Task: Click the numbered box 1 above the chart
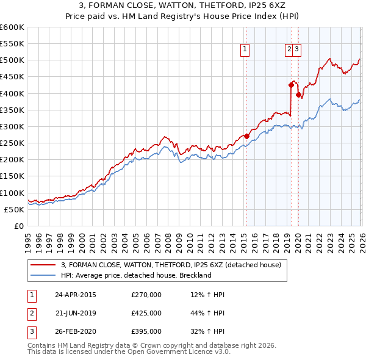click(245, 50)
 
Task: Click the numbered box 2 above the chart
click(289, 50)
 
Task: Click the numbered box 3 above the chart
click(296, 50)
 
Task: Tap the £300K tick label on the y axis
click(12, 126)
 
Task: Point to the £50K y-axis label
click(14, 209)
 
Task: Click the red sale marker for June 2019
click(291, 85)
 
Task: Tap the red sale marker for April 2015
click(246, 136)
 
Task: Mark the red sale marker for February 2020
click(298, 95)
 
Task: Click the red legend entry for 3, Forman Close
click(171, 265)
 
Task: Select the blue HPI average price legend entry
click(135, 275)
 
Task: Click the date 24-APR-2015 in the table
click(76, 295)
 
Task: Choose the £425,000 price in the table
click(146, 313)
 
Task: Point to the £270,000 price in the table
click(146, 295)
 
